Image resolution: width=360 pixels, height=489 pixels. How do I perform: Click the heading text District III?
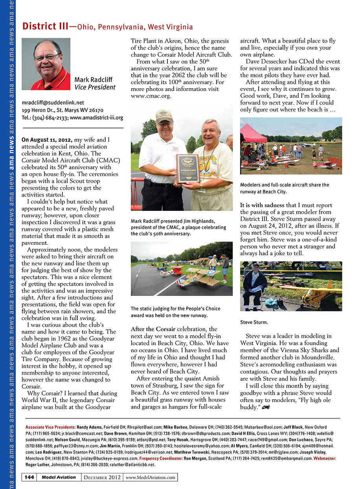pyautogui.click(x=45, y=26)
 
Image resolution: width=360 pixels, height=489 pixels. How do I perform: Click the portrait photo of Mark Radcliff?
pyautogui.click(x=46, y=64)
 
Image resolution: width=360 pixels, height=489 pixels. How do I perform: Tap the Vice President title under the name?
pyautogui.click(x=95, y=87)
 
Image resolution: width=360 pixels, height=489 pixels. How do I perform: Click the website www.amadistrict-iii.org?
pyautogui.click(x=97, y=117)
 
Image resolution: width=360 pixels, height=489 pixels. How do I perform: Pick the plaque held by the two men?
pyautogui.click(x=187, y=168)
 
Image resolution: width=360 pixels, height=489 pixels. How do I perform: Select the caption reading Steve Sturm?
pyautogui.click(x=253, y=322)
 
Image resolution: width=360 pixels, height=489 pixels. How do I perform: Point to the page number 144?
pyautogui.click(x=29, y=477)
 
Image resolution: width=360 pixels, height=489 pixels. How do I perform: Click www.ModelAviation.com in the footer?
pyautogui.click(x=151, y=477)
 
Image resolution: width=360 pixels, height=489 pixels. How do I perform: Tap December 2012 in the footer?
pyautogui.click(x=102, y=477)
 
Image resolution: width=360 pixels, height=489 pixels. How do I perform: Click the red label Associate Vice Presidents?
pyautogui.click(x=50, y=427)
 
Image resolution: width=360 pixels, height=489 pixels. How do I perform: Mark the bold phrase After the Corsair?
pyautogui.click(x=153, y=328)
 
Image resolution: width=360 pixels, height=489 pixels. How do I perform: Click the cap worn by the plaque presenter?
pyautogui.click(x=164, y=115)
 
